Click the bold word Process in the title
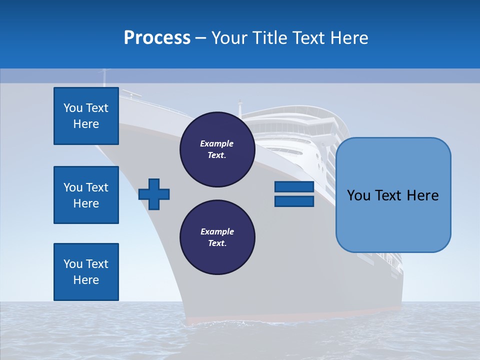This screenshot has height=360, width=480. tap(157, 38)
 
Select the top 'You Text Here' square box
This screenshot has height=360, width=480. tap(86, 116)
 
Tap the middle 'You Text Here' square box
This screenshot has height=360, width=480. tap(86, 195)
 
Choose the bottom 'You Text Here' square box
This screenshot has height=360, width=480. tap(86, 272)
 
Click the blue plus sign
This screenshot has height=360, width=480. tap(154, 193)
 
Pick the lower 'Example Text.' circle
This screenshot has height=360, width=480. tap(217, 237)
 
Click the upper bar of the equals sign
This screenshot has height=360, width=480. tap(294, 187)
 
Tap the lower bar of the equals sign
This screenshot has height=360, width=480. tap(294, 201)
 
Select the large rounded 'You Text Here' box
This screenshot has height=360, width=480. tap(393, 195)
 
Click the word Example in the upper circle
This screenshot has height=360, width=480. tap(217, 143)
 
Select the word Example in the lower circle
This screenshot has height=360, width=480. tap(217, 231)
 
